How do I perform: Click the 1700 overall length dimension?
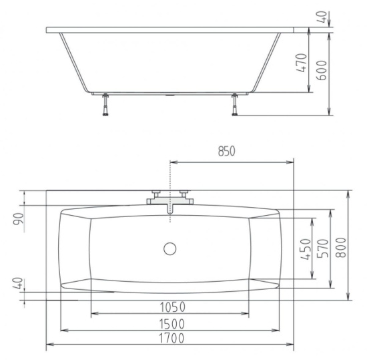click(x=171, y=338)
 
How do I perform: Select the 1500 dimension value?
click(x=171, y=324)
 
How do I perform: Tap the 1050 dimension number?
click(x=173, y=307)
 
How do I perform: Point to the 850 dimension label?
click(x=226, y=152)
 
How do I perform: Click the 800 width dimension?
click(x=341, y=248)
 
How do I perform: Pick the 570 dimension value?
click(x=322, y=248)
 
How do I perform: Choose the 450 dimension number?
click(x=306, y=249)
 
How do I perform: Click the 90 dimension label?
click(x=19, y=219)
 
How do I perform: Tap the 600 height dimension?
click(x=322, y=70)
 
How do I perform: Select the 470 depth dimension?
click(x=301, y=63)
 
